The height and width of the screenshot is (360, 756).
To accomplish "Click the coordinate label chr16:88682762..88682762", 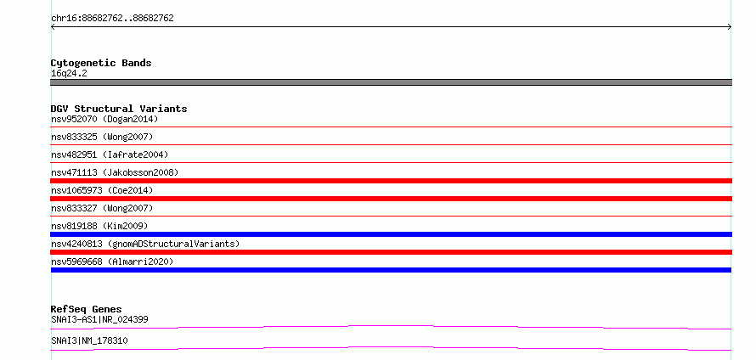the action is click(112, 19).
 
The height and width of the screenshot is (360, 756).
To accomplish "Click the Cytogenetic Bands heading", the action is click(101, 63).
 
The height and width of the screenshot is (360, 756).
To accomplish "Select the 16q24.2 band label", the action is click(69, 74).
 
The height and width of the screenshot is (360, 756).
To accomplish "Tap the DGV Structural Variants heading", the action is click(119, 109).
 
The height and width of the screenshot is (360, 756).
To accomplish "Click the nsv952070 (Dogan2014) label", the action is click(104, 119).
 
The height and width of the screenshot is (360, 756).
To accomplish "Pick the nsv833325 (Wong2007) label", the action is click(102, 137).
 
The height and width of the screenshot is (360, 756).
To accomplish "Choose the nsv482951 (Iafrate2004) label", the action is click(110, 155).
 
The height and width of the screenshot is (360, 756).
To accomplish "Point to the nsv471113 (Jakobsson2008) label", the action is click(115, 172).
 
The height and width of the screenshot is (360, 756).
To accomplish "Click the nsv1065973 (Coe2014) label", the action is click(102, 190).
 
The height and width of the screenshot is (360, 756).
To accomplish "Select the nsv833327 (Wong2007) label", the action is click(102, 208).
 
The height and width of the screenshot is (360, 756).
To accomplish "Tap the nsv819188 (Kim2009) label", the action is click(99, 226).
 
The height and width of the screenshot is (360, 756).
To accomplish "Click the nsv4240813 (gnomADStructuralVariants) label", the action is click(145, 244).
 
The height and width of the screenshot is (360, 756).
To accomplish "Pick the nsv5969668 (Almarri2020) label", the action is click(112, 262).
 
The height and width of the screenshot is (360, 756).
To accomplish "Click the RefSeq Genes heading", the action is click(87, 309).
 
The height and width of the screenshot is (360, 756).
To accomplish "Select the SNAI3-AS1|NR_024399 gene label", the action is click(99, 319).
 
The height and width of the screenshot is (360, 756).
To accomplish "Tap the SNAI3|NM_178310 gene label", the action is click(90, 340).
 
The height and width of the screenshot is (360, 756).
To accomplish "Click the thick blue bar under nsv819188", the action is click(391, 234).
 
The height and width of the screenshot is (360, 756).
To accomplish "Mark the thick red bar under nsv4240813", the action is click(391, 252).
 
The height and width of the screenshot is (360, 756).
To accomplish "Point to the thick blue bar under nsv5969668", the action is click(391, 270).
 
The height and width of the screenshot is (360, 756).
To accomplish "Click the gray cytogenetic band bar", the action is click(391, 82).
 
